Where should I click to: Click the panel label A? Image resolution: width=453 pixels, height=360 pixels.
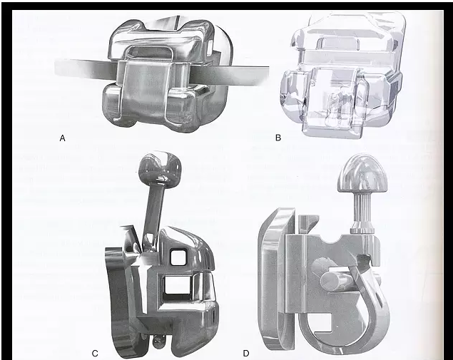click(62, 138)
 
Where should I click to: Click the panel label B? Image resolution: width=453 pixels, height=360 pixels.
click(278, 138)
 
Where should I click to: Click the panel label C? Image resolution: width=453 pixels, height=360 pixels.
click(95, 354)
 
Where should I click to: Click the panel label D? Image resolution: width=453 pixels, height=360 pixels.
click(246, 354)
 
